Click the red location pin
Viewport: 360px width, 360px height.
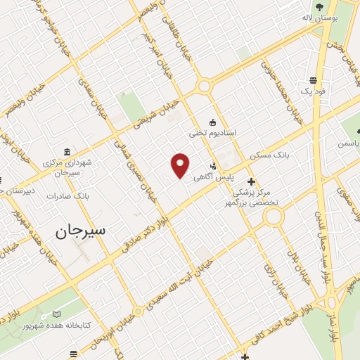pyautogui.click(x=181, y=165)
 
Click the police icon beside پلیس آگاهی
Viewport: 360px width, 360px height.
pyautogui.click(x=214, y=167)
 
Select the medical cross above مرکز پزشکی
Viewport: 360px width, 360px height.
pyautogui.click(x=251, y=181)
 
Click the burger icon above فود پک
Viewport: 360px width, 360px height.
pyautogui.click(x=312, y=79)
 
